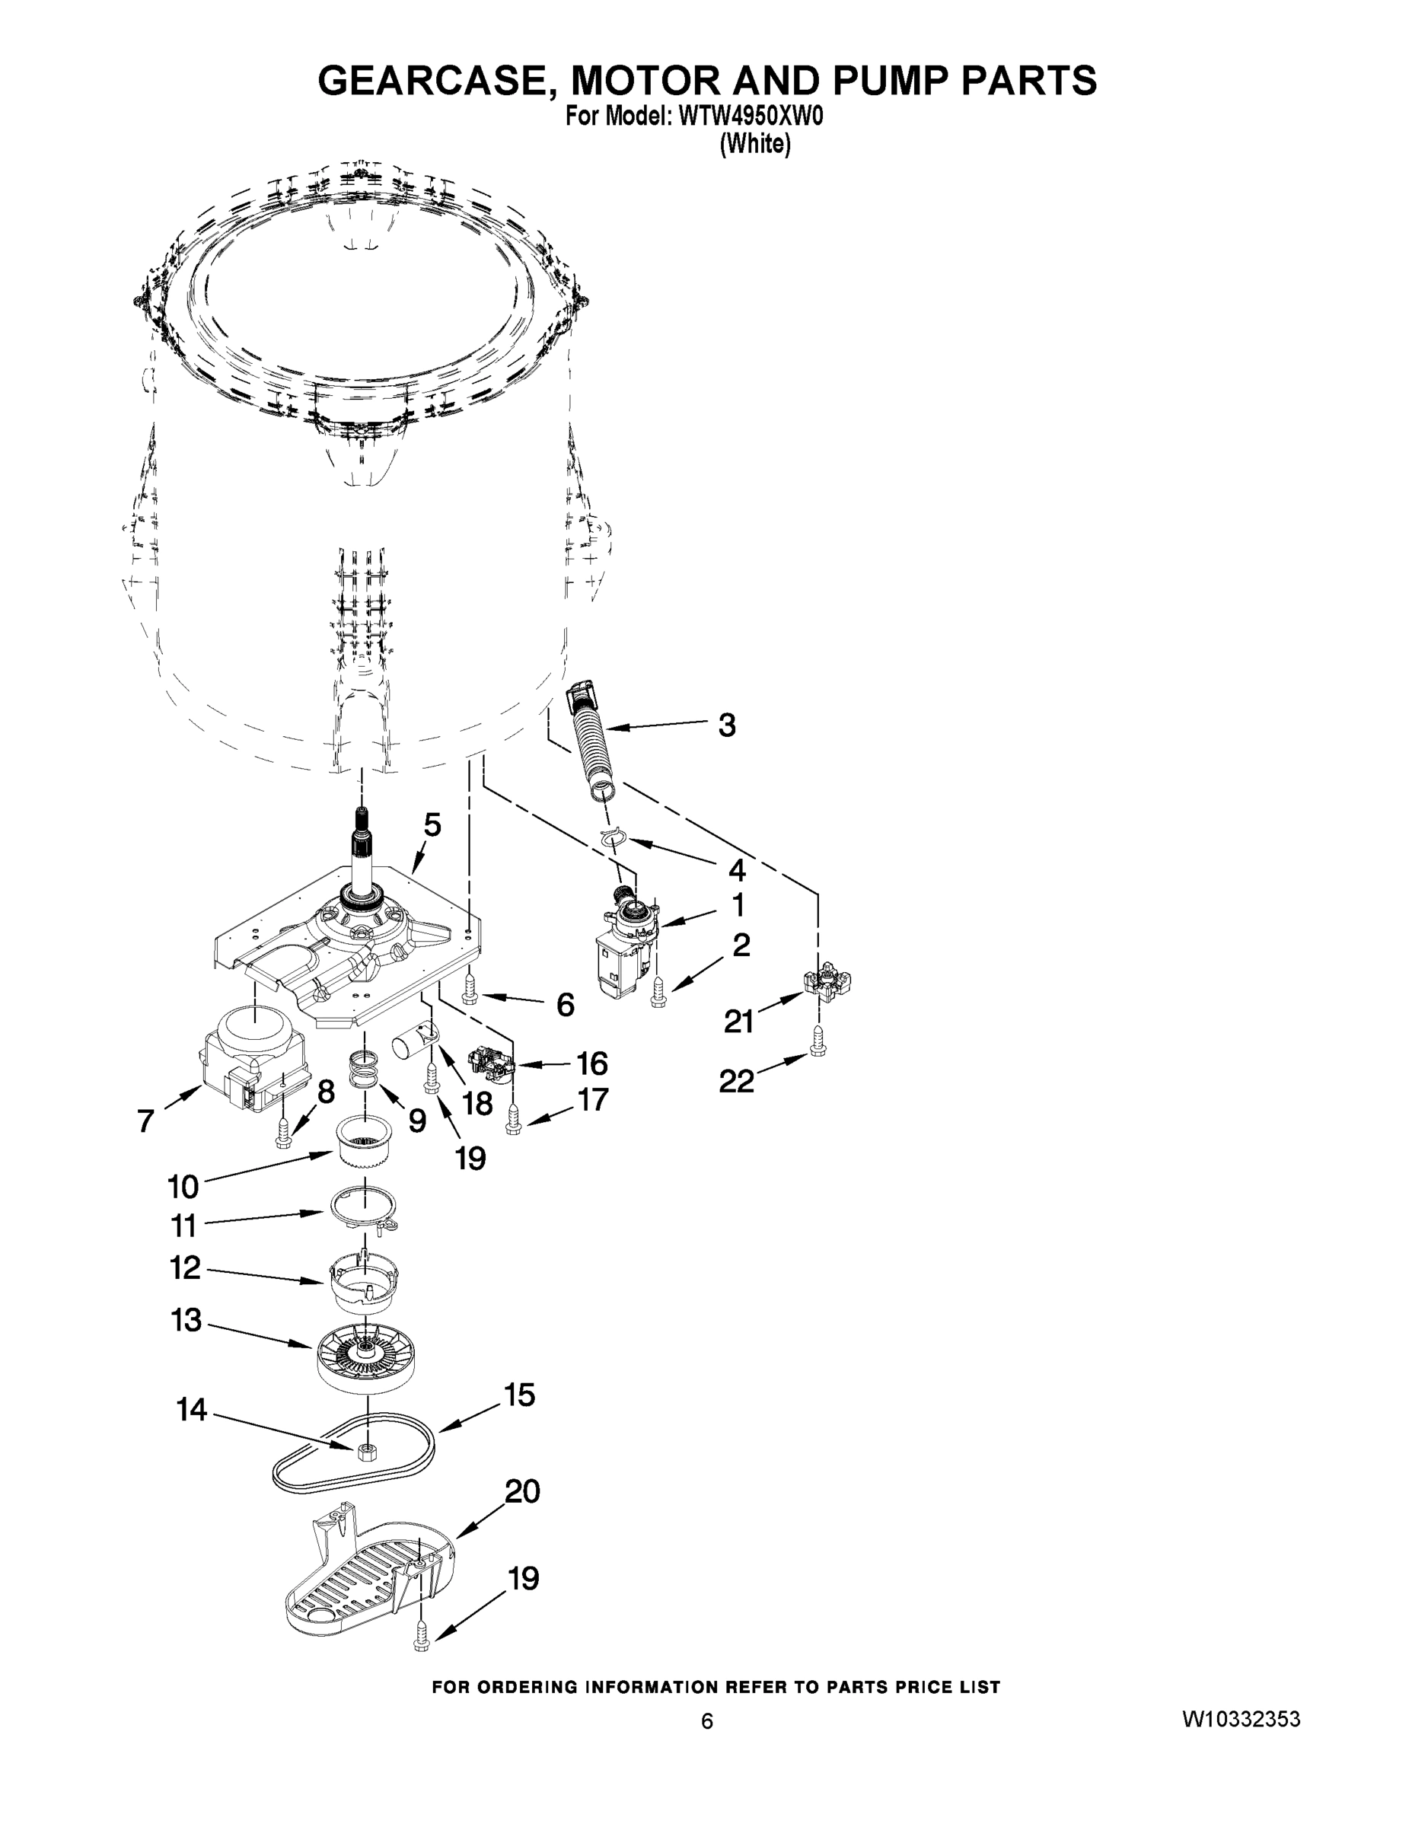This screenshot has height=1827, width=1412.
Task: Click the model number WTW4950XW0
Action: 751,117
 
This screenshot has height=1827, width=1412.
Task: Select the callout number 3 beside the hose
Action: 727,725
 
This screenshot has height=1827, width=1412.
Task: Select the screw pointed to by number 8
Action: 282,1131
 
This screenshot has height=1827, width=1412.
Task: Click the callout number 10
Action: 183,1186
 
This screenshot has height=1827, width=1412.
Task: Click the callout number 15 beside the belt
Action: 519,1395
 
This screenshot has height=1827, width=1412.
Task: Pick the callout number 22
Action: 737,1082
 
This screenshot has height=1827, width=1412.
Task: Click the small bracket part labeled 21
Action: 827,983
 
